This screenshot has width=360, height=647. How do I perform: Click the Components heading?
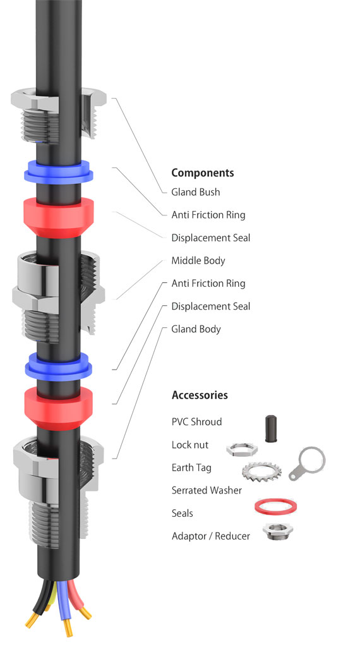coord(203,173)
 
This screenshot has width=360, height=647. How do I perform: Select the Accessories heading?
coord(200,395)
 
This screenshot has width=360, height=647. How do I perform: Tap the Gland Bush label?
coord(195,192)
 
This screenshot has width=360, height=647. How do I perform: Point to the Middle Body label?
coord(198,260)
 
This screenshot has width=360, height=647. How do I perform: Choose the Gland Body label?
coord(196,329)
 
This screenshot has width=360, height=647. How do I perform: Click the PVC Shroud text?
coord(196,421)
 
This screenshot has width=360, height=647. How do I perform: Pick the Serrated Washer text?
coord(207,490)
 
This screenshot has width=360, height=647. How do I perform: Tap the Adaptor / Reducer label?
coord(211,536)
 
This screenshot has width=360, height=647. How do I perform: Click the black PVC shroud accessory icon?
coord(271,429)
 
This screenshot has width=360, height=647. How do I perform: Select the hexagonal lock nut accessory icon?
coord(242,449)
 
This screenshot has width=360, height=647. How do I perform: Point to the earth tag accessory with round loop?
coord(308,463)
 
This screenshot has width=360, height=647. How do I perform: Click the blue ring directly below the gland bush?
coord(58,172)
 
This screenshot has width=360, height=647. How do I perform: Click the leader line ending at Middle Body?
coord(140,280)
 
